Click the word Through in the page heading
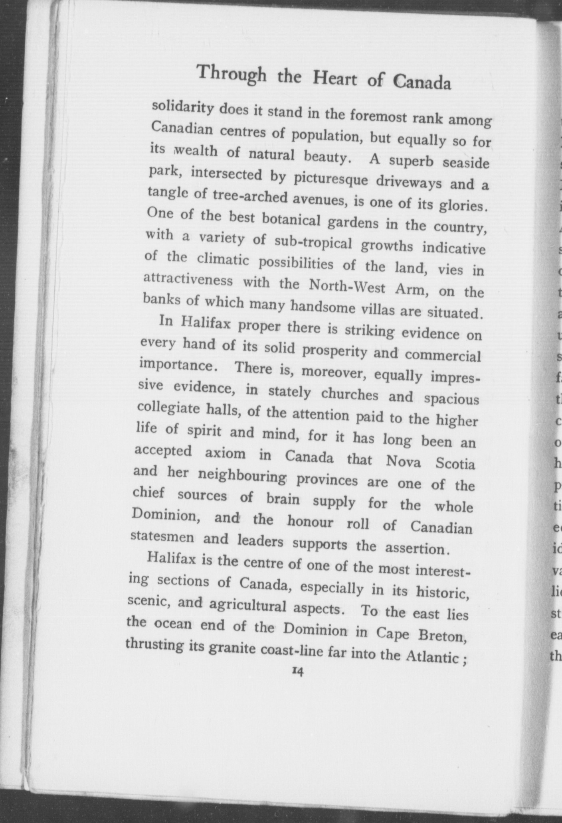click(232, 74)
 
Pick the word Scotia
click(455, 464)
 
